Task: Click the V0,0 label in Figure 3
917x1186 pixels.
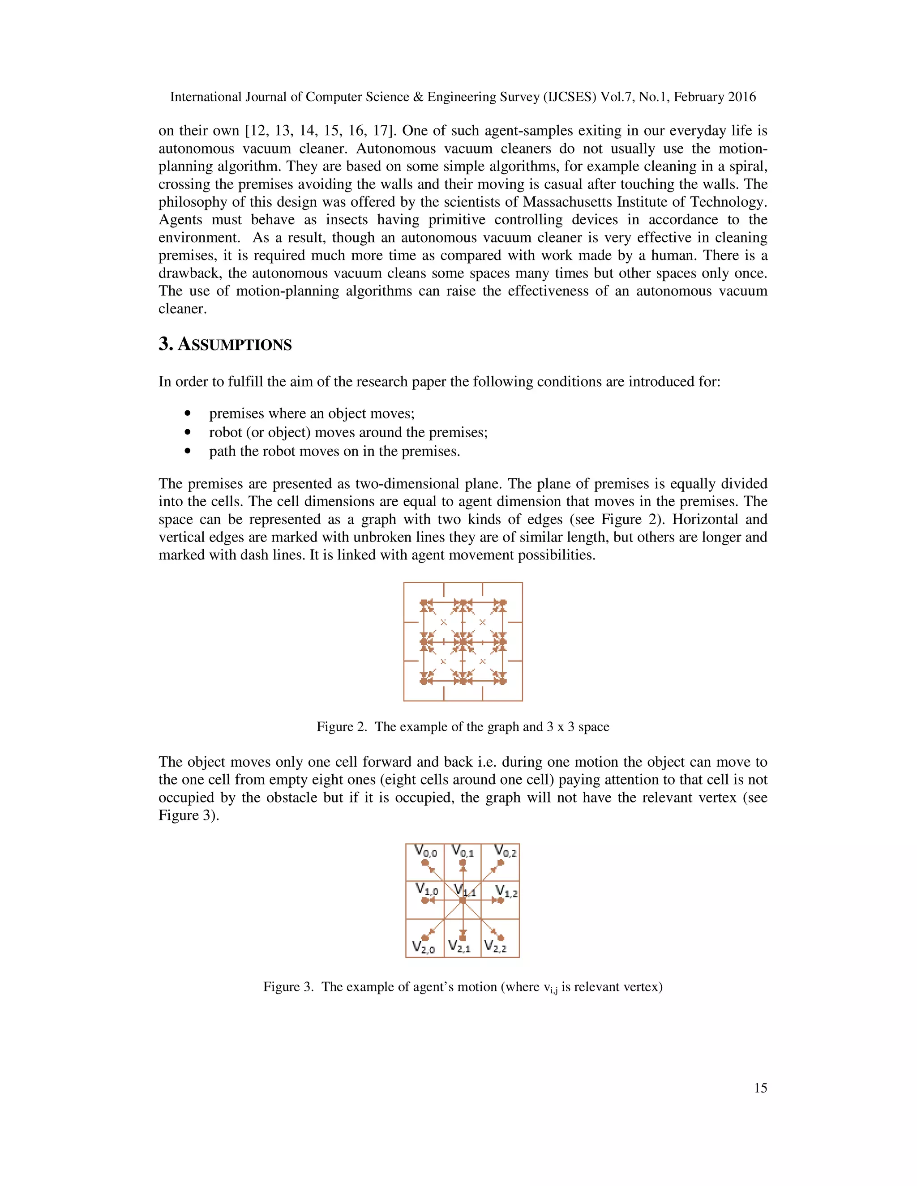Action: point(425,851)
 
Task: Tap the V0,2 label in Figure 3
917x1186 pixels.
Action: point(505,851)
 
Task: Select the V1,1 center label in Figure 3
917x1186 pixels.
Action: point(465,890)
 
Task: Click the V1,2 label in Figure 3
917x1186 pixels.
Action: point(506,891)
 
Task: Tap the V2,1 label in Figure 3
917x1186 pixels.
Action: point(459,947)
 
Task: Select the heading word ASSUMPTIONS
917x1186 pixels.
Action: point(235,345)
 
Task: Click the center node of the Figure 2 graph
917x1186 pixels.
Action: point(463,642)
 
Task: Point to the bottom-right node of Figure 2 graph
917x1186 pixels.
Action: point(502,681)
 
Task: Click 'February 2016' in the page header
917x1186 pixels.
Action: point(715,97)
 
